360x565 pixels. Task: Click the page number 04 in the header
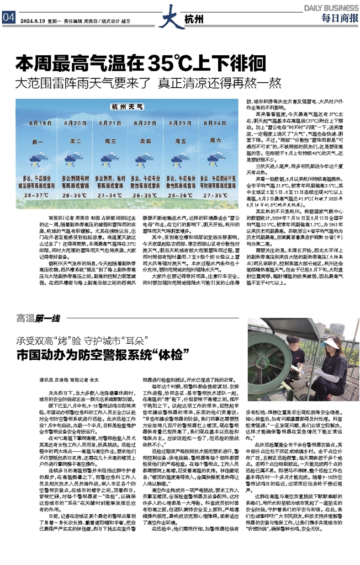[x=8, y=16]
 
